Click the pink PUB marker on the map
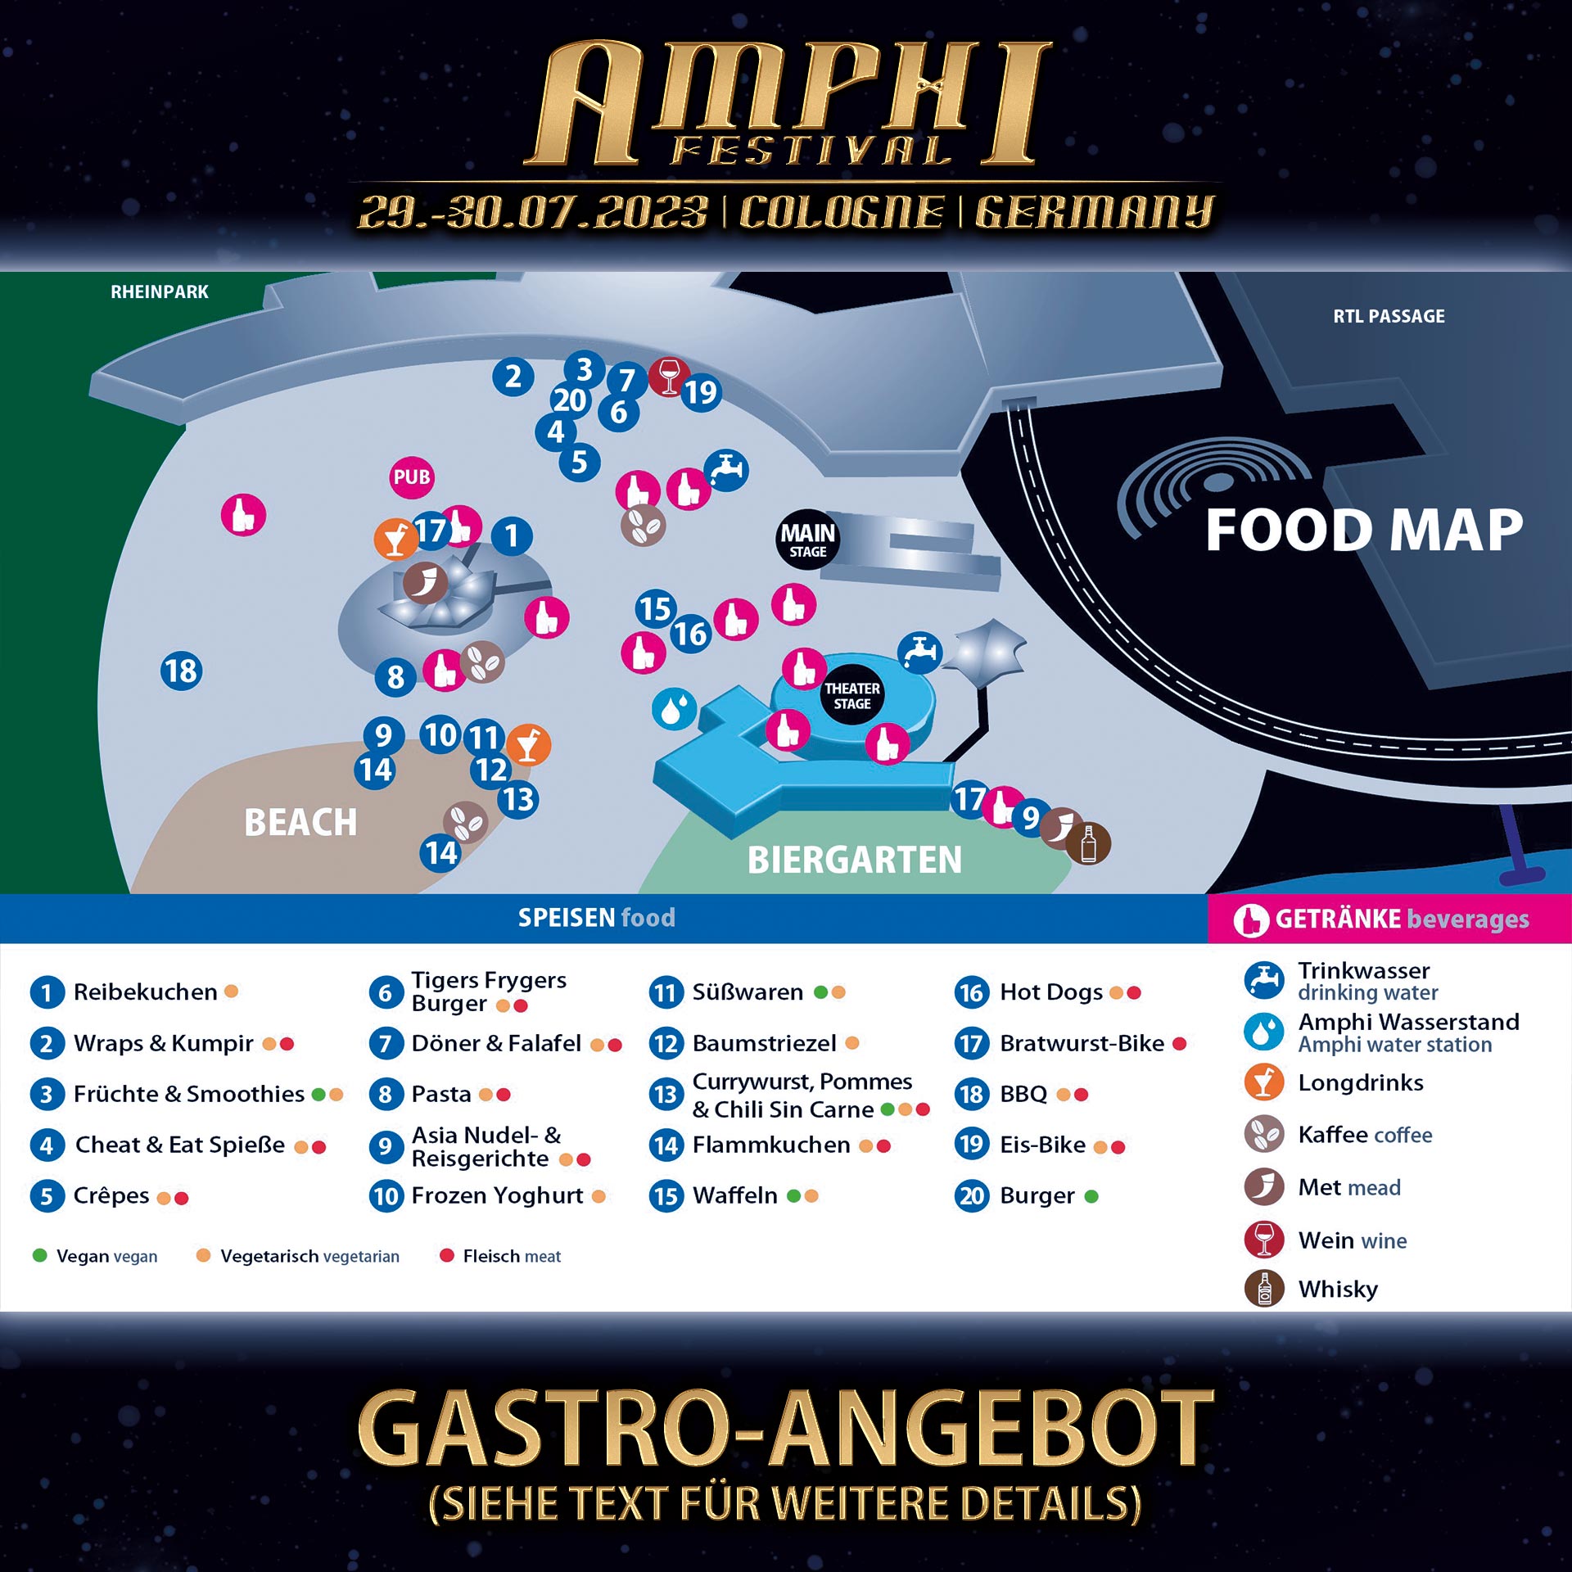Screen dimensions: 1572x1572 [x=411, y=477]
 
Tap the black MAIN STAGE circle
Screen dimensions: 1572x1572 [x=807, y=540]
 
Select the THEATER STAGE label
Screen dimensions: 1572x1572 [x=851, y=696]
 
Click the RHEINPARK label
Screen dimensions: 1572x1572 [x=160, y=292]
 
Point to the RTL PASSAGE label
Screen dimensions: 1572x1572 [x=1389, y=316]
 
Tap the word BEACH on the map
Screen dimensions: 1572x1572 [x=300, y=822]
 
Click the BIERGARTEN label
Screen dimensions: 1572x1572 [x=854, y=860]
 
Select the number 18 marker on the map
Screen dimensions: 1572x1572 [x=181, y=671]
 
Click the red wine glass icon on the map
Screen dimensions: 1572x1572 [x=668, y=377]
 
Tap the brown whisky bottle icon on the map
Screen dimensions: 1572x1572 [x=1089, y=843]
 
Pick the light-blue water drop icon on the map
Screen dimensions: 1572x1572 [x=674, y=709]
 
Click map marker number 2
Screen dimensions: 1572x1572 [x=513, y=377]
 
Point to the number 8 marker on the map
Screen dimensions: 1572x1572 [x=395, y=677]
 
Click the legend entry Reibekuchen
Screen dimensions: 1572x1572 [x=145, y=992]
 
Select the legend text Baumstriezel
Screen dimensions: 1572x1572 [x=764, y=1043]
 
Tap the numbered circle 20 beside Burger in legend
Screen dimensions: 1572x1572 [x=972, y=1196]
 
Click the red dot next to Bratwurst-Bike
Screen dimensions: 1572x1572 [x=1179, y=1043]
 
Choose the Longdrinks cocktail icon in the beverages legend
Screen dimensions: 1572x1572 [x=1264, y=1082]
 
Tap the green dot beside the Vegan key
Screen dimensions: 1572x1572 [x=39, y=1255]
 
